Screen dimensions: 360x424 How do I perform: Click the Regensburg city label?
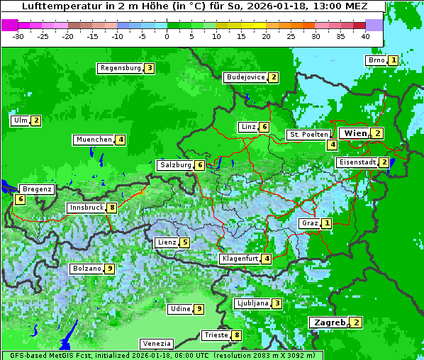[120, 68]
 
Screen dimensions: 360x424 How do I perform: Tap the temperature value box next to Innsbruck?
[112, 208]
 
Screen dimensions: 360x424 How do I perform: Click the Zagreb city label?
[329, 322]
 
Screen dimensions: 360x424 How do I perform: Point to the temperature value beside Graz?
[326, 223]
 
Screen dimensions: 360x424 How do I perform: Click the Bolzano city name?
[87, 269]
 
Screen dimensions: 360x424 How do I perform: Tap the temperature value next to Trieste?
[237, 335]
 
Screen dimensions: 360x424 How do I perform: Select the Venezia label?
[156, 343]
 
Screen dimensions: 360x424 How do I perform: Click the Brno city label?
[376, 60]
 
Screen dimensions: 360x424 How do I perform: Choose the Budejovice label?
[245, 77]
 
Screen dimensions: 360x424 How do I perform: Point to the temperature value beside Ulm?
[36, 120]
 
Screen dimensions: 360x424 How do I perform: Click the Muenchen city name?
[94, 140]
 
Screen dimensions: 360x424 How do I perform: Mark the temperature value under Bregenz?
[20, 199]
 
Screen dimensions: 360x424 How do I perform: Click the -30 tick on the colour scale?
[18, 35]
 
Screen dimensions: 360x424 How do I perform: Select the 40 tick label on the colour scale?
[365, 35]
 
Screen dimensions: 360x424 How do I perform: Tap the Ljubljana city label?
[252, 303]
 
